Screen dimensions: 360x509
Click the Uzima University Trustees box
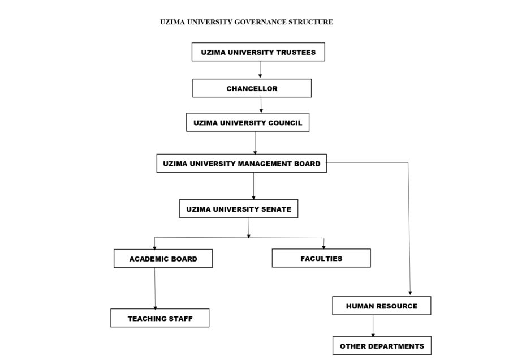coord(258,53)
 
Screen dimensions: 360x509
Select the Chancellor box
coord(252,88)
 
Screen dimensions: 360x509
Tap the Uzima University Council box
coord(248,122)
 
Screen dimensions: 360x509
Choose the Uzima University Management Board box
coord(241,164)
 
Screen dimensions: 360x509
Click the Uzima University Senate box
coord(239,209)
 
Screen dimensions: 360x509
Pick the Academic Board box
coord(163,259)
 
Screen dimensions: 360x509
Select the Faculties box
coord(321,258)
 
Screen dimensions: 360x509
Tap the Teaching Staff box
coord(160,318)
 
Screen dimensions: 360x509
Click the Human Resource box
coord(382,306)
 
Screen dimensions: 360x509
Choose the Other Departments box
coord(382,345)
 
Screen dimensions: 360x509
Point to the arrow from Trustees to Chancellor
coord(260,70)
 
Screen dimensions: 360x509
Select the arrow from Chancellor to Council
coord(261,105)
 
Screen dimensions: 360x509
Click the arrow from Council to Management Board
coord(255,143)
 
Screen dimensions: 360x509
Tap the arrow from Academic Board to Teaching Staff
coord(155,288)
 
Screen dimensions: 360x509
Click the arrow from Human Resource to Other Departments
coord(373,325)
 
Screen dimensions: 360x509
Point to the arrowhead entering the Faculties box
coord(324,246)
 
